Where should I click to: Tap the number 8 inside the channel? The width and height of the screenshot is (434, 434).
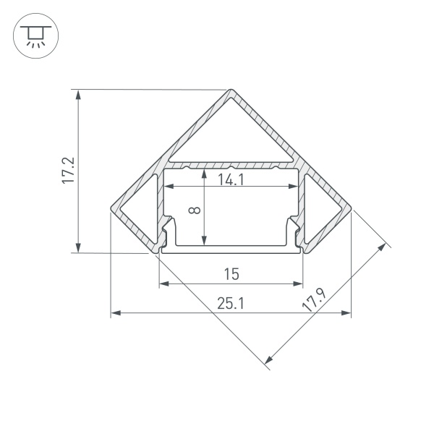pos(194,210)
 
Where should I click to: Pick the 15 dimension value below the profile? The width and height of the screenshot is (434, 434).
pos(231,274)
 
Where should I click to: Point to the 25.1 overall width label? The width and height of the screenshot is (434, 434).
pos(231,305)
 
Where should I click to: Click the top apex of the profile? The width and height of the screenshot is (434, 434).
pos(231,91)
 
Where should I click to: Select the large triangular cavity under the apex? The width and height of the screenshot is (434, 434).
pos(231,130)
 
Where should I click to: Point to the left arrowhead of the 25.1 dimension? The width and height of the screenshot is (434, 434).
pos(114,313)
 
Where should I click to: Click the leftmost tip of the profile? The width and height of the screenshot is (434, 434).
pos(111,210)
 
